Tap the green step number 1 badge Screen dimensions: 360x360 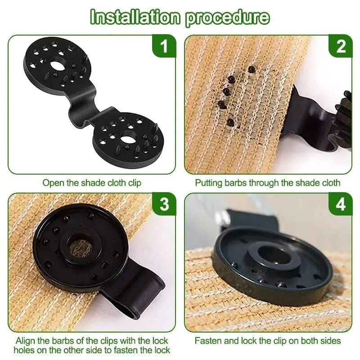pyautogui.click(x=164, y=46)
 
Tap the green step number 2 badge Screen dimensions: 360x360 pyautogui.click(x=341, y=46)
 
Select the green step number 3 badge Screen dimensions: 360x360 pyautogui.click(x=164, y=205)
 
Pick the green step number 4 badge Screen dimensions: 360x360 pyautogui.click(x=341, y=205)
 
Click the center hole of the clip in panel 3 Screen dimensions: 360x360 pyautogui.click(x=80, y=246)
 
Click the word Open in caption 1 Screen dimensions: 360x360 pyautogui.click(x=52, y=183)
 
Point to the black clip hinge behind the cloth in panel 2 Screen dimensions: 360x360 pyautogui.click(x=310, y=117)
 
